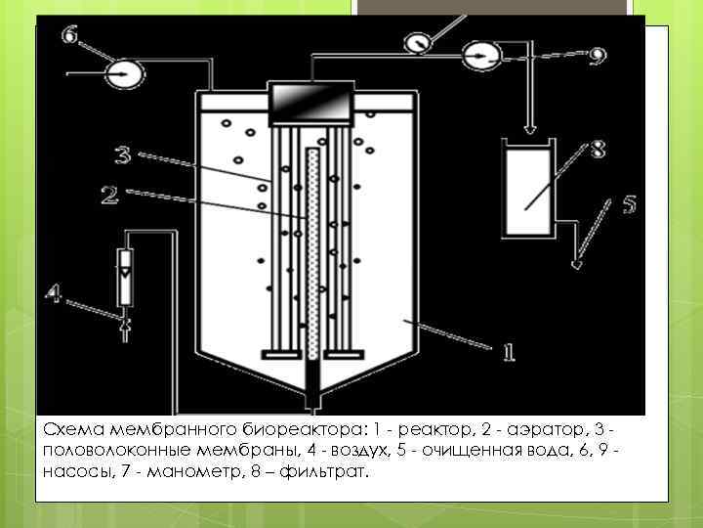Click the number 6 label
pos(70,36)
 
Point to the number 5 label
pos(629,206)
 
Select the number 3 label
pos(121,154)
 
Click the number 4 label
pos(56,292)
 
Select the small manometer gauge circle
pos(416,43)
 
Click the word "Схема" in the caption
pos(74,429)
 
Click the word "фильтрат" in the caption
pos(326,472)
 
